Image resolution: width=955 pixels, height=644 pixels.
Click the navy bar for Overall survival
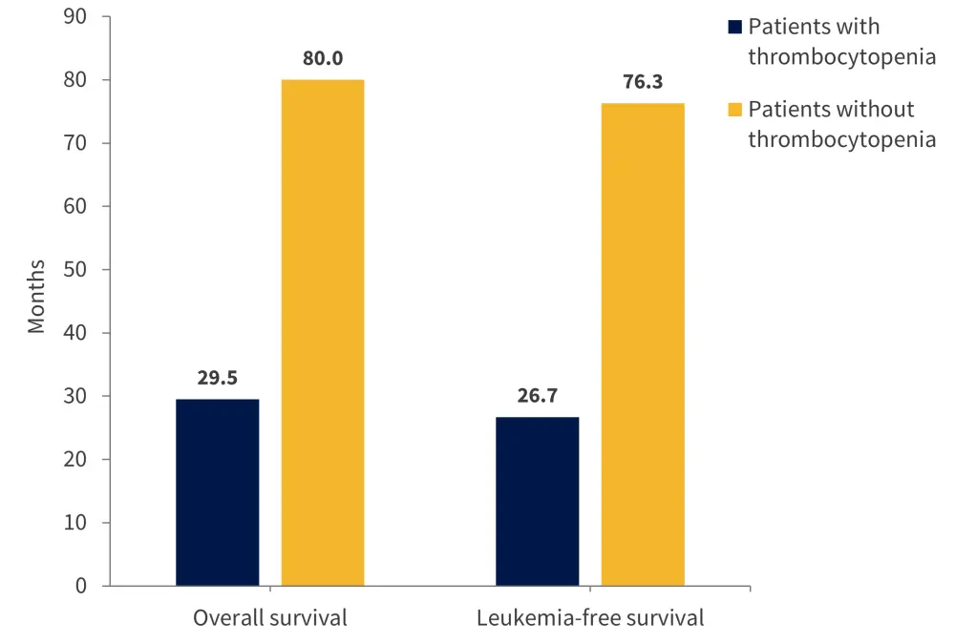tap(217, 492)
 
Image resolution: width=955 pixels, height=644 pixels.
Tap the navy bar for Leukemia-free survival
tap(537, 501)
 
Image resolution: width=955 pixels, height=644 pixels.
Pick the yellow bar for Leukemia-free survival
tap(643, 344)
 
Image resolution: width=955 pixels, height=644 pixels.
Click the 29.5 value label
tap(217, 379)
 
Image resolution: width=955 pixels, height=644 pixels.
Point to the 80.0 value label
tap(323, 59)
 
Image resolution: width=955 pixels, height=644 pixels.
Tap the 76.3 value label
tap(643, 83)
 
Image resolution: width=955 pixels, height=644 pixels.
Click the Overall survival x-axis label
tap(270, 618)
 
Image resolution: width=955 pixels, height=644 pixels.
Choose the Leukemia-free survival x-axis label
tap(590, 618)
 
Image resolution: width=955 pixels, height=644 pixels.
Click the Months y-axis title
tap(36, 296)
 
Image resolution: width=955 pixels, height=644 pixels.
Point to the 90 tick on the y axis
tap(74, 17)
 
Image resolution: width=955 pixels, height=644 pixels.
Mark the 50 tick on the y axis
tap(74, 270)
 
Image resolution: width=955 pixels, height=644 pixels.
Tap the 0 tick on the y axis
tap(80, 586)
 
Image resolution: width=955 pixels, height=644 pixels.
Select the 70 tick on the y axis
tap(74, 143)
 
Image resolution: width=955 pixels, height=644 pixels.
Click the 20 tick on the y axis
tap(74, 459)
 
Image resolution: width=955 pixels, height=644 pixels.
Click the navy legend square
tap(734, 27)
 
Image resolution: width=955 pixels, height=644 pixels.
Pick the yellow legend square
tap(734, 110)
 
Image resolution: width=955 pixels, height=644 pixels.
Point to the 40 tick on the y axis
tap(74, 333)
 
